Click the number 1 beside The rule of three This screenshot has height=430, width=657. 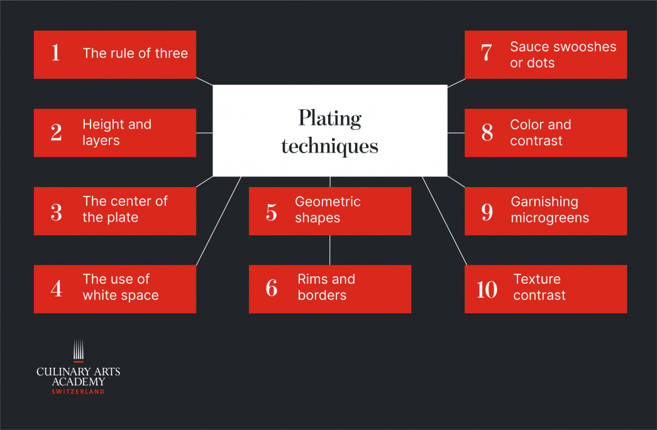pos(55,53)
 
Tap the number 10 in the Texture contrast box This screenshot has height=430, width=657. pos(487,289)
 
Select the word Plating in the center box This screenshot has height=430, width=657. pos(329,119)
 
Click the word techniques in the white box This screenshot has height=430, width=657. pos(329,146)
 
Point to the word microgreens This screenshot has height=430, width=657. pos(549,218)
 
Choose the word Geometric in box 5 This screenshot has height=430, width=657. pos(328,202)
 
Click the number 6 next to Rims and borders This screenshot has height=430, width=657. pos(272,288)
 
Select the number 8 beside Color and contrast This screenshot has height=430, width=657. pos(487,132)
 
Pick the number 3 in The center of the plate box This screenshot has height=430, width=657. pos(56,212)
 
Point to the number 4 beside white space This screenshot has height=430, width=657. pos(56,288)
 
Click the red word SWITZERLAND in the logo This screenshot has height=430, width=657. pos(78,392)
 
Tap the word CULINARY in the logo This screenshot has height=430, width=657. pos(63,372)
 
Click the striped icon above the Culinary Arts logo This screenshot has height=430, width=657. pos(79,351)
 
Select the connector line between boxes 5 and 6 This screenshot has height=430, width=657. pos(329,250)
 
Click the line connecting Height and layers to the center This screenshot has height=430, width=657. pos(204,133)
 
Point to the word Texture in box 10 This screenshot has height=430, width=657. pos(537,279)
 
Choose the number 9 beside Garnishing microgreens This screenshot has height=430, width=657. pos(487,212)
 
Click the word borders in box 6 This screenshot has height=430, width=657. pos(322,295)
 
